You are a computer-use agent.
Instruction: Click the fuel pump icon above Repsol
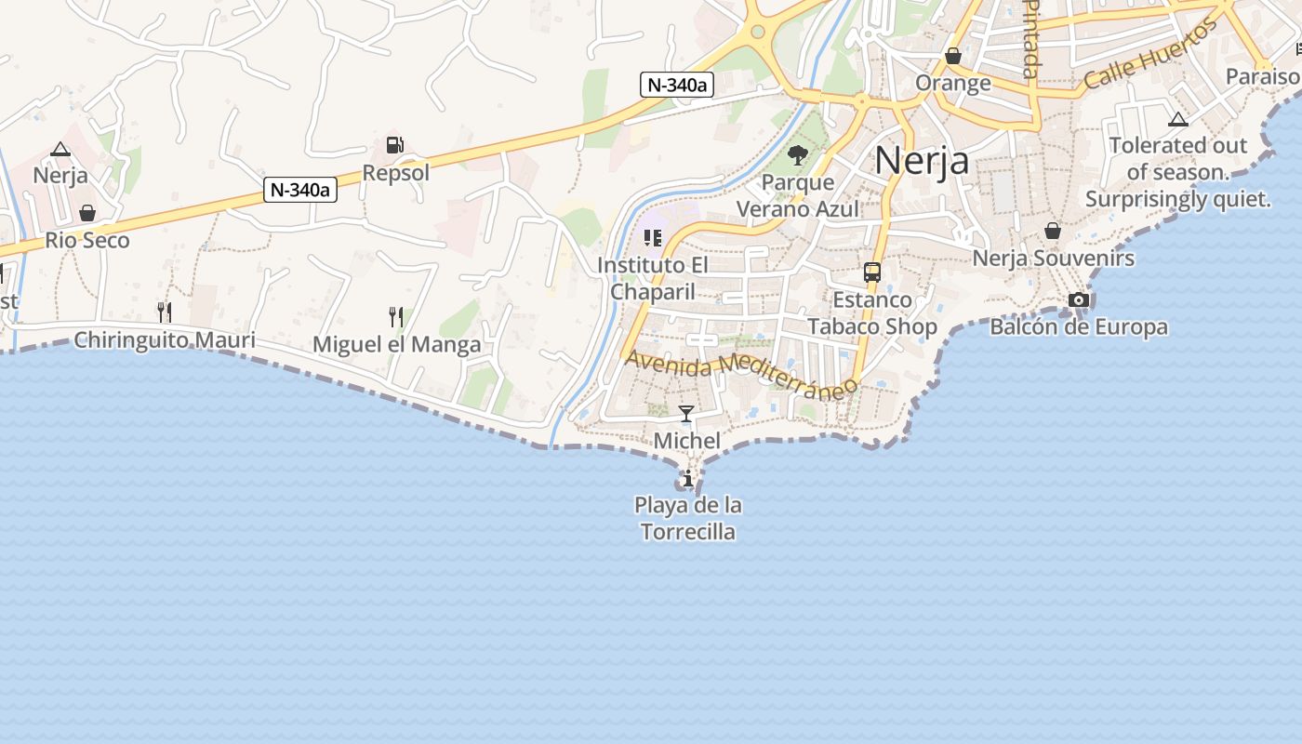tap(395, 145)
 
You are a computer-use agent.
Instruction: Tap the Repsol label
tap(396, 173)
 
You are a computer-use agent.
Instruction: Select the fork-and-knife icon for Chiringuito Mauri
tap(164, 312)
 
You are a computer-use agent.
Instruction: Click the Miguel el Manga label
tap(397, 345)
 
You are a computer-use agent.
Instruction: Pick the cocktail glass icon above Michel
tap(686, 414)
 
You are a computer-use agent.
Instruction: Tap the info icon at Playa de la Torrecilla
tap(687, 479)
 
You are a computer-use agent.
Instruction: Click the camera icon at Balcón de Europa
tap(1079, 299)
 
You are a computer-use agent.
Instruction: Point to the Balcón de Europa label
tap(1079, 327)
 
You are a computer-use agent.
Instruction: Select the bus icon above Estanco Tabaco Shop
tap(872, 272)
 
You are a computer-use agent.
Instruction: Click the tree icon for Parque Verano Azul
tap(797, 154)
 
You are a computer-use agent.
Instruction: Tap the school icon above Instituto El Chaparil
tap(652, 238)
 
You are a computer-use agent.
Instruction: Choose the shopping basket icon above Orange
tap(953, 57)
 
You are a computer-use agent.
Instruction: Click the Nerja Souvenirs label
tap(1054, 259)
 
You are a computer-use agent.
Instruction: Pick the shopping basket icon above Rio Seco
tap(87, 213)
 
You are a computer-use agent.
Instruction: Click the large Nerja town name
tap(922, 161)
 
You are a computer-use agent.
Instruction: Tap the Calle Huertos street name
tap(1150, 55)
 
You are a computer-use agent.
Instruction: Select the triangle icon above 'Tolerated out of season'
tap(1178, 119)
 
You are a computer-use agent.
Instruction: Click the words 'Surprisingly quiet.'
tap(1178, 199)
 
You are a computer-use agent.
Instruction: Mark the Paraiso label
tap(1262, 76)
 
